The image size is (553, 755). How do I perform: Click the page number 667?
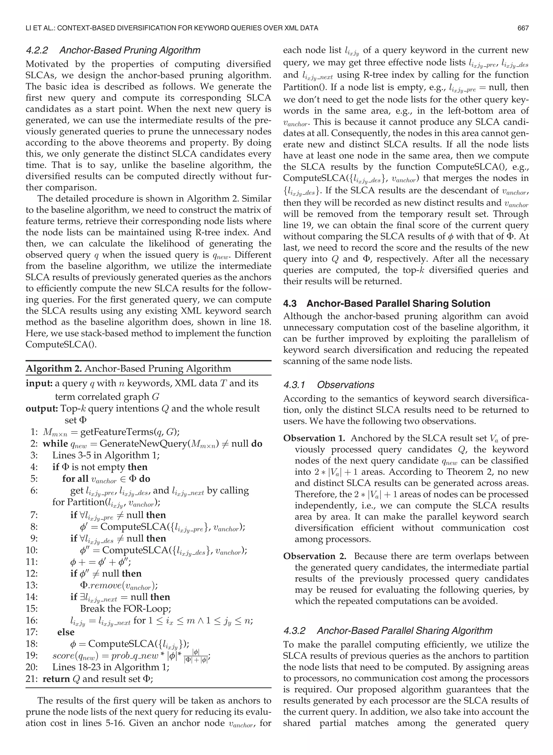pos(523,28)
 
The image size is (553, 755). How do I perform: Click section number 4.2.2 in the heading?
pos(37,50)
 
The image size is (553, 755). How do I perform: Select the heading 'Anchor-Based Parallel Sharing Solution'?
pos(398,304)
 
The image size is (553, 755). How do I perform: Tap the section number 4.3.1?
pos(294,385)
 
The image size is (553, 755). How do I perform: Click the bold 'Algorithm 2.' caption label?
pos(54,369)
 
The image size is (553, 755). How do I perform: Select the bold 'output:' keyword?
pos(42,408)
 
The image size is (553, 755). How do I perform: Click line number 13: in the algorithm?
pos(32,585)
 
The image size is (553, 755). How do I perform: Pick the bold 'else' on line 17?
pos(66,632)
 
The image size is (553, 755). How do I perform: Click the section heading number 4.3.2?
pos(294,631)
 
